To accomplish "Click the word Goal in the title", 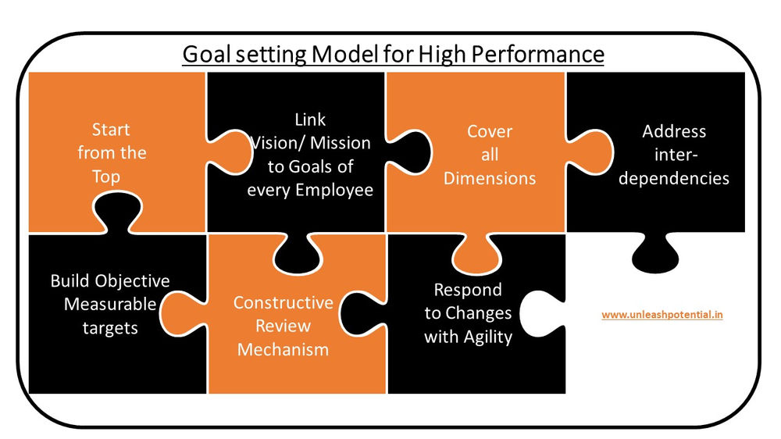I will click(205, 54).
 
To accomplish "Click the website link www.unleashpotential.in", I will click(662, 315).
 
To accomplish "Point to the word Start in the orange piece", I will click(111, 130).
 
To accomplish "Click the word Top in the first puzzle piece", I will click(106, 177).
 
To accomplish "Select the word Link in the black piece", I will click(310, 120).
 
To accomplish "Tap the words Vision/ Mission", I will click(310, 144).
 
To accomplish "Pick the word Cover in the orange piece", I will click(490, 131).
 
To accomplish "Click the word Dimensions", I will click(490, 178).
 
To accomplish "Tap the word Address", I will click(674, 131).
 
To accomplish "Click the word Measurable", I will click(110, 304).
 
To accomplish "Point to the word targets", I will click(110, 327).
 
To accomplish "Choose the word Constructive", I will click(283, 303).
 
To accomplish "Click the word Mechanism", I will click(283, 350).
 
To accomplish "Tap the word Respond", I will click(468, 290).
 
